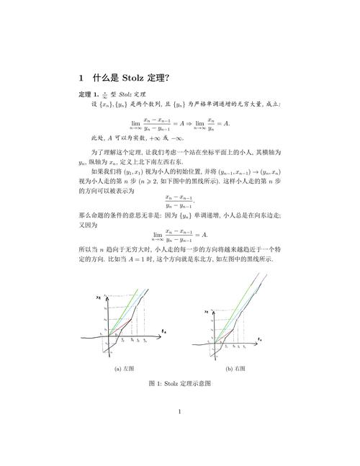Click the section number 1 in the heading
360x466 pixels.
pyautogui.click(x=82, y=77)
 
